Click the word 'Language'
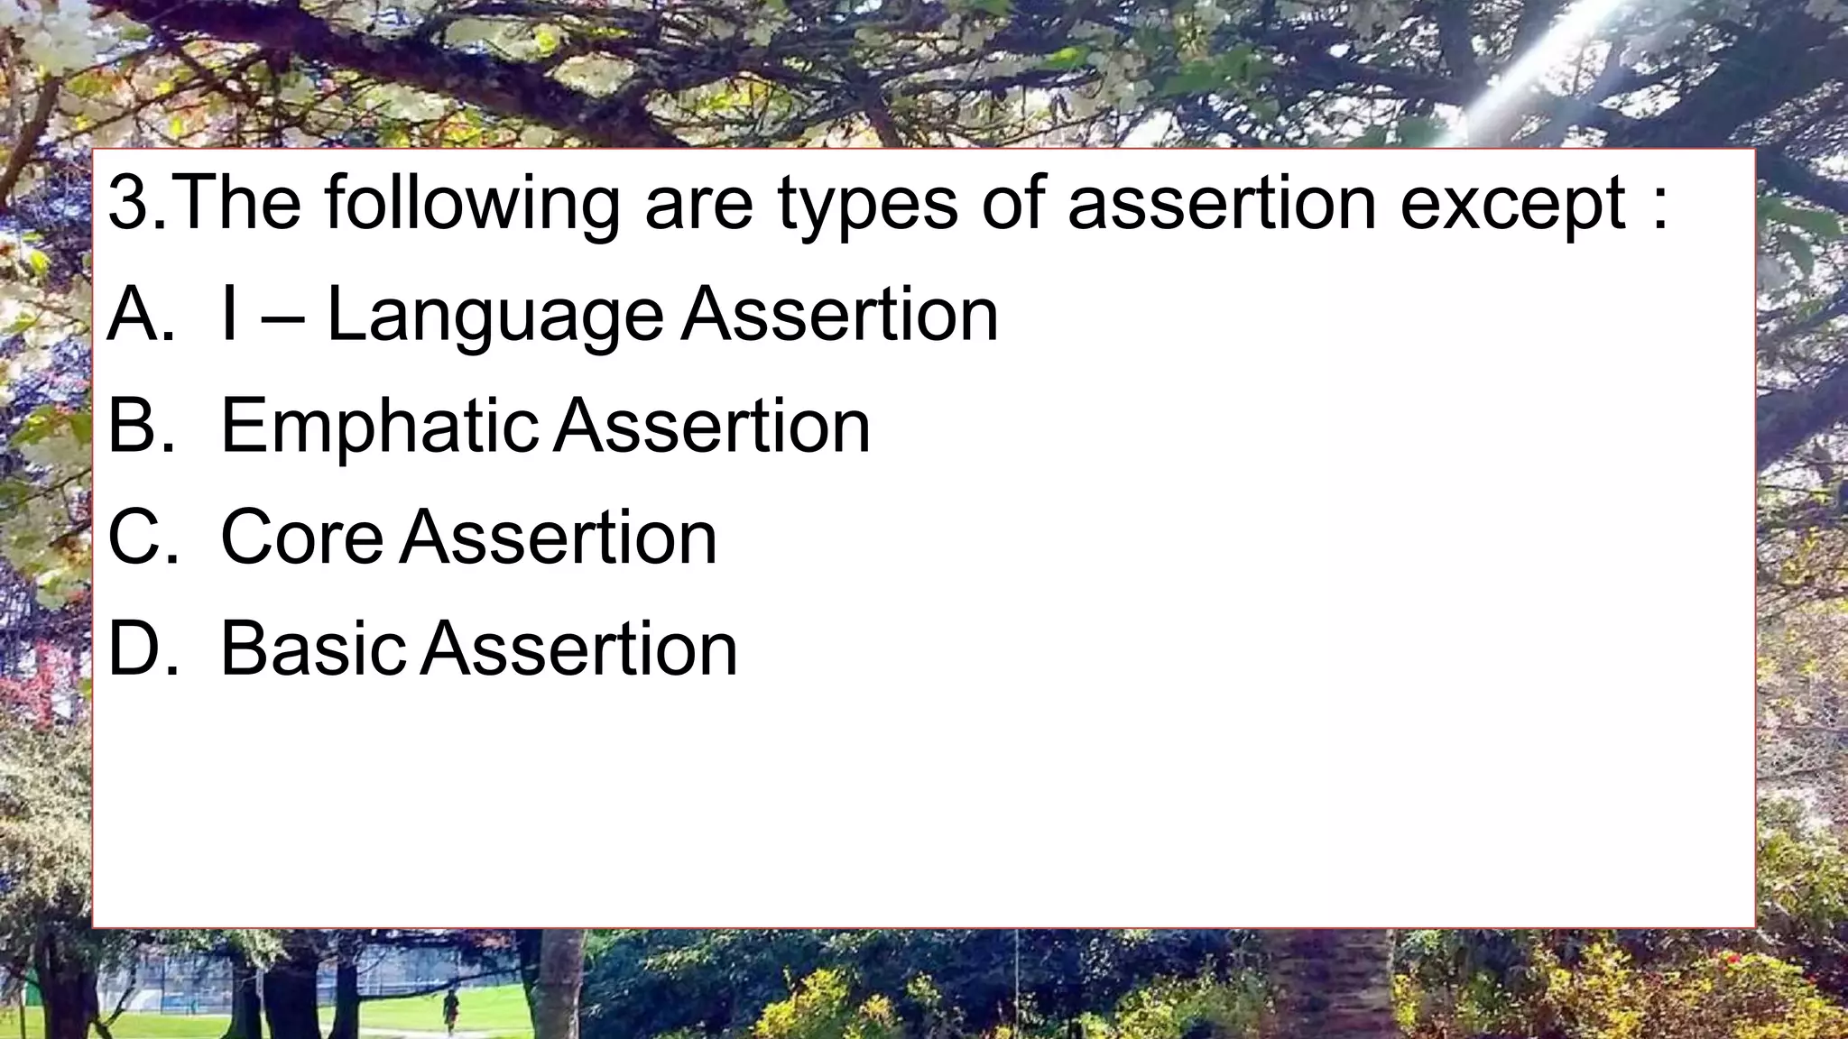click(x=494, y=317)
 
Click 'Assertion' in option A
click(x=840, y=315)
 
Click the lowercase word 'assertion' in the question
click(x=1222, y=204)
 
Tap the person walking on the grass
click(x=450, y=1011)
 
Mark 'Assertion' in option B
click(x=712, y=426)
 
